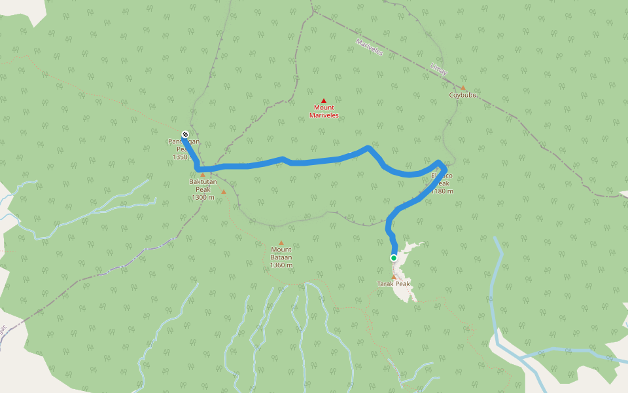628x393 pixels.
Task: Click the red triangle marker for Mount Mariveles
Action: (x=323, y=100)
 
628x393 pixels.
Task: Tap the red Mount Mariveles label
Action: (x=324, y=111)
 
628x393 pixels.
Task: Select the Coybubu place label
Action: (x=463, y=95)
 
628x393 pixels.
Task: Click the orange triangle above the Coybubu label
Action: (x=462, y=88)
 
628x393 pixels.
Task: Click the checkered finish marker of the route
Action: (x=185, y=134)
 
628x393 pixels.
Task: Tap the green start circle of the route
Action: (x=394, y=258)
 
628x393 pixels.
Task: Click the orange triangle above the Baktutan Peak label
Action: (x=203, y=175)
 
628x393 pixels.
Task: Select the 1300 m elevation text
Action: (x=203, y=197)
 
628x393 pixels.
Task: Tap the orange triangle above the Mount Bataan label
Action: (x=281, y=242)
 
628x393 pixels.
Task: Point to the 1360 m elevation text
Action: (x=281, y=265)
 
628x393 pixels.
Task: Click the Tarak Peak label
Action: (x=393, y=284)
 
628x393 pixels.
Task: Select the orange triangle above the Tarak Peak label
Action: (x=393, y=276)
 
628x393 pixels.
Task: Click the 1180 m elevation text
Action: (x=444, y=191)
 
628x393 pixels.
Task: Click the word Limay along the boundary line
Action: (x=438, y=70)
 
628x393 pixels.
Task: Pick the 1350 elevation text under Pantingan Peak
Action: (x=180, y=157)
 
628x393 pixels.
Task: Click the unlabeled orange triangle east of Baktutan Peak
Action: (x=224, y=191)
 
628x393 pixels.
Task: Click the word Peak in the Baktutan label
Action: (x=202, y=189)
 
